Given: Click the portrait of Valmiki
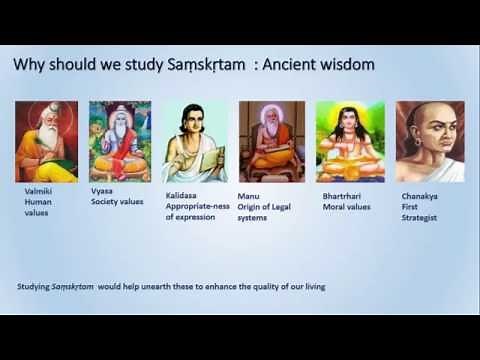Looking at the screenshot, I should pos(46,141).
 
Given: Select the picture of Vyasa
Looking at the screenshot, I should pos(119,141).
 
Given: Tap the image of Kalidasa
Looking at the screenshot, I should pos(194,141).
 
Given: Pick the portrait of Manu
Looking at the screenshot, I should pos(271,141).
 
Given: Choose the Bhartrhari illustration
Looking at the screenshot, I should pos(350,141).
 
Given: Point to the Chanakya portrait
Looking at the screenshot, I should pos(430,141).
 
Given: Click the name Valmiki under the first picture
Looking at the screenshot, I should pos(39,187).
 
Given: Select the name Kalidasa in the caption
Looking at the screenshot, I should pos(183,196).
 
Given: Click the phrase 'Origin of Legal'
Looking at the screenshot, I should pos(266,207).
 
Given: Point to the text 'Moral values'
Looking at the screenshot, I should pos(347,207).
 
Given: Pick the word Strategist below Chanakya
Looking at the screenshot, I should pos(419,216).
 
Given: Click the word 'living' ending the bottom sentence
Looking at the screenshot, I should pos(314,287).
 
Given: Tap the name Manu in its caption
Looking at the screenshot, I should pos(248,196).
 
